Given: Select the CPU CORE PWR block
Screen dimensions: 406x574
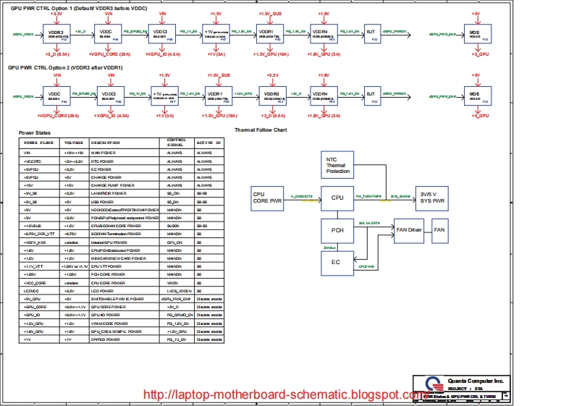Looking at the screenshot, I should pyautogui.click(x=266, y=198).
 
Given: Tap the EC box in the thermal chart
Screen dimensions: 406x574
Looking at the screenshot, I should pyautogui.click(x=336, y=262).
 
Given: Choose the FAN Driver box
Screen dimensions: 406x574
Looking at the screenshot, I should pyautogui.click(x=409, y=229).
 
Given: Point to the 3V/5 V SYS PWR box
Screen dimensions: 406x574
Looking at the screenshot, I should pyautogui.click(x=433, y=197).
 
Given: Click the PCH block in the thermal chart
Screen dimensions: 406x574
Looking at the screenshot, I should pyautogui.click(x=337, y=230).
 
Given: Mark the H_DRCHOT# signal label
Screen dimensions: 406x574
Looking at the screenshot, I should pyautogui.click(x=302, y=196).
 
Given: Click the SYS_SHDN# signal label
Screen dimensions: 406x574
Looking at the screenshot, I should pyautogui.click(x=400, y=196).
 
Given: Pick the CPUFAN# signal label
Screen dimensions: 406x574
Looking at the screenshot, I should pyautogui.click(x=367, y=266).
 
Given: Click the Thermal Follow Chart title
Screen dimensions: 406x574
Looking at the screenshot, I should pyautogui.click(x=261, y=130).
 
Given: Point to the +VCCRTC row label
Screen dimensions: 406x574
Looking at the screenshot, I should pyautogui.click(x=33, y=161).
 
